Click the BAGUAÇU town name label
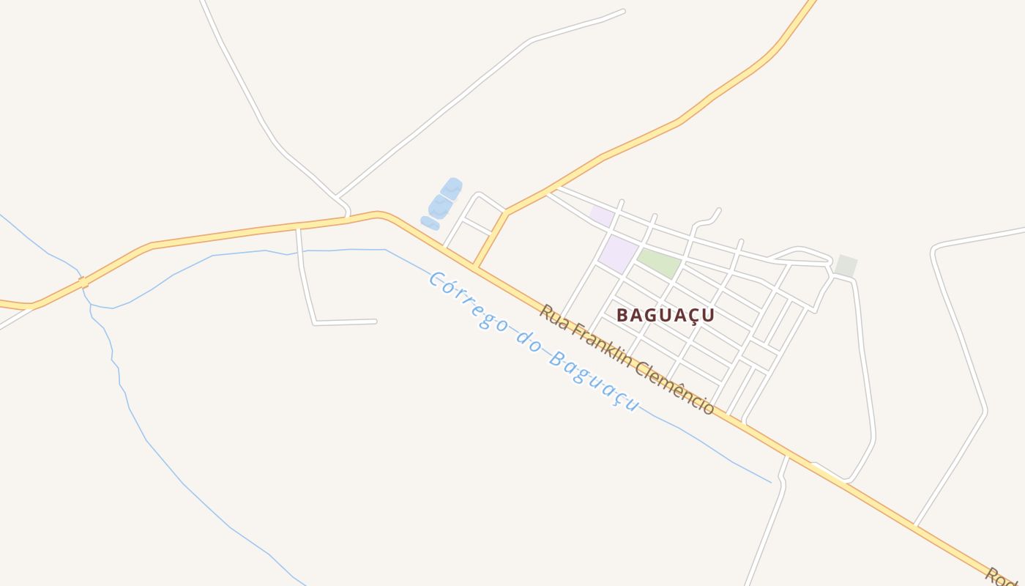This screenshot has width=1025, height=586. tap(665, 315)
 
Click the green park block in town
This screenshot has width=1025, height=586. tap(659, 263)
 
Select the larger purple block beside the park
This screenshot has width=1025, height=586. tap(618, 253)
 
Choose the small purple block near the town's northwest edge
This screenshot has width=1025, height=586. tap(602, 215)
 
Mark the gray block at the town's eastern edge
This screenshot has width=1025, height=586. tap(846, 266)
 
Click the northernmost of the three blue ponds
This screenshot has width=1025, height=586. tap(452, 188)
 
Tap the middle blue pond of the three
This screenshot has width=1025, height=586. tap(440, 207)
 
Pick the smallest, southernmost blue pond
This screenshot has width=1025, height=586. tap(430, 223)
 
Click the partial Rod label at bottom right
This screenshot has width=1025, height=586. tap(1002, 577)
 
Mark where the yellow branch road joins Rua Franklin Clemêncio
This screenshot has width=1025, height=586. tap(476, 267)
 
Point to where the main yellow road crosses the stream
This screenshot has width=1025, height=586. tap(83, 282)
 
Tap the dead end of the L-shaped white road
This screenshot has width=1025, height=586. tap(375, 321)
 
